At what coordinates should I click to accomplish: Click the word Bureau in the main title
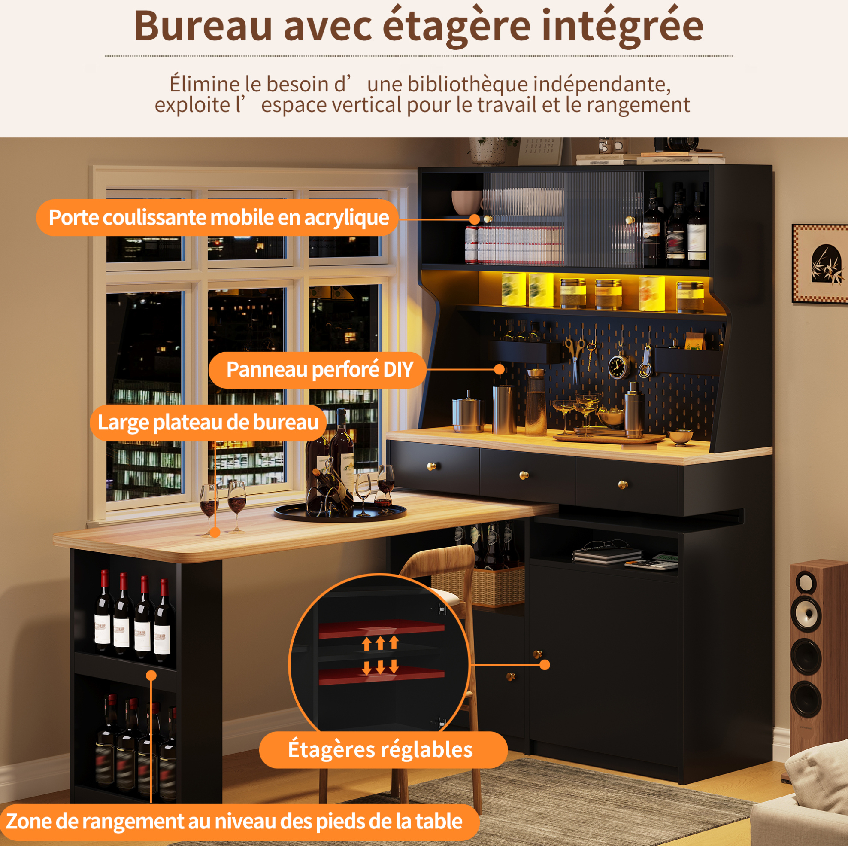[203, 26]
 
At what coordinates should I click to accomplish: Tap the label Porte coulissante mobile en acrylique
[218, 217]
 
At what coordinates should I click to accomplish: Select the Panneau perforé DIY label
[319, 369]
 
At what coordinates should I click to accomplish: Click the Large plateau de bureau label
[208, 422]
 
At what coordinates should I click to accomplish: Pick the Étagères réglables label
[381, 749]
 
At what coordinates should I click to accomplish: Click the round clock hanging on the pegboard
[618, 366]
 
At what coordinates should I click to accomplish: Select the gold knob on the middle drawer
[524, 475]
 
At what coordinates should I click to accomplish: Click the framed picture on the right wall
[820, 264]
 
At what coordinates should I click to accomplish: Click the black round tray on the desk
[340, 512]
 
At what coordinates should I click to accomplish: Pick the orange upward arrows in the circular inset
[380, 643]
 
